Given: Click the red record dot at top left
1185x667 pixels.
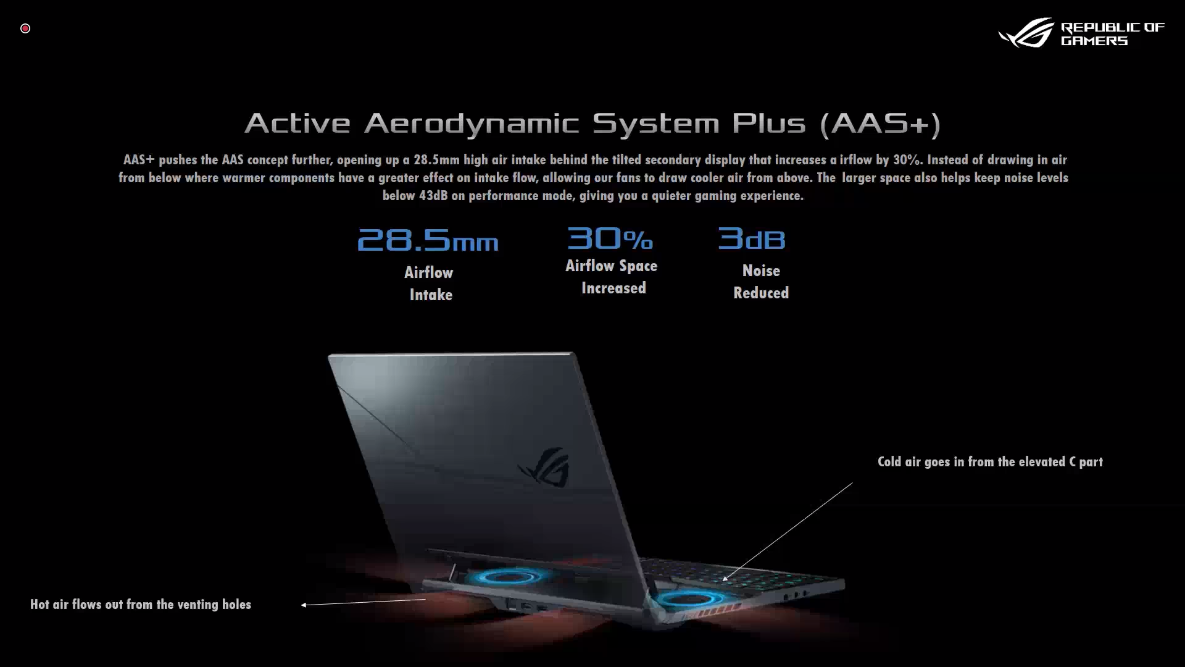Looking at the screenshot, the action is pyautogui.click(x=25, y=28).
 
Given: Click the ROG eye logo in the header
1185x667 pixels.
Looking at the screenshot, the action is pyautogui.click(x=1026, y=33).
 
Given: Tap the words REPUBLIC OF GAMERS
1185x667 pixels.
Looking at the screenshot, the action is pyautogui.click(x=1112, y=34).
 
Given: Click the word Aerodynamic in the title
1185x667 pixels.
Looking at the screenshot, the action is pyautogui.click(x=472, y=124).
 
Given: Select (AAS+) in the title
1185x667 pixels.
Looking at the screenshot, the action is pyautogui.click(x=880, y=124).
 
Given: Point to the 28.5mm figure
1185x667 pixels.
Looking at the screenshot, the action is pyautogui.click(x=428, y=240).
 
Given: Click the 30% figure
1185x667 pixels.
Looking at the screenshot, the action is pyautogui.click(x=610, y=238).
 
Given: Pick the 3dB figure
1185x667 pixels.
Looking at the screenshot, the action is pyautogui.click(x=751, y=238).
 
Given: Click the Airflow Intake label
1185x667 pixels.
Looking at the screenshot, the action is pyautogui.click(x=430, y=283).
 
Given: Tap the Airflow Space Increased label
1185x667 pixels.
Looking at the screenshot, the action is pyautogui.click(x=612, y=277).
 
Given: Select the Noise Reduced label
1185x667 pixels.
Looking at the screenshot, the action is pyautogui.click(x=761, y=282).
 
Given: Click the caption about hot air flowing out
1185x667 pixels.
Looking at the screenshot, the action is pyautogui.click(x=141, y=605).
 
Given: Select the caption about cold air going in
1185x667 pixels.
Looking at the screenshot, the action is pyautogui.click(x=990, y=462).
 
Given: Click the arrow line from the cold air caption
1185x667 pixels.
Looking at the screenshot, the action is pyautogui.click(x=788, y=532).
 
